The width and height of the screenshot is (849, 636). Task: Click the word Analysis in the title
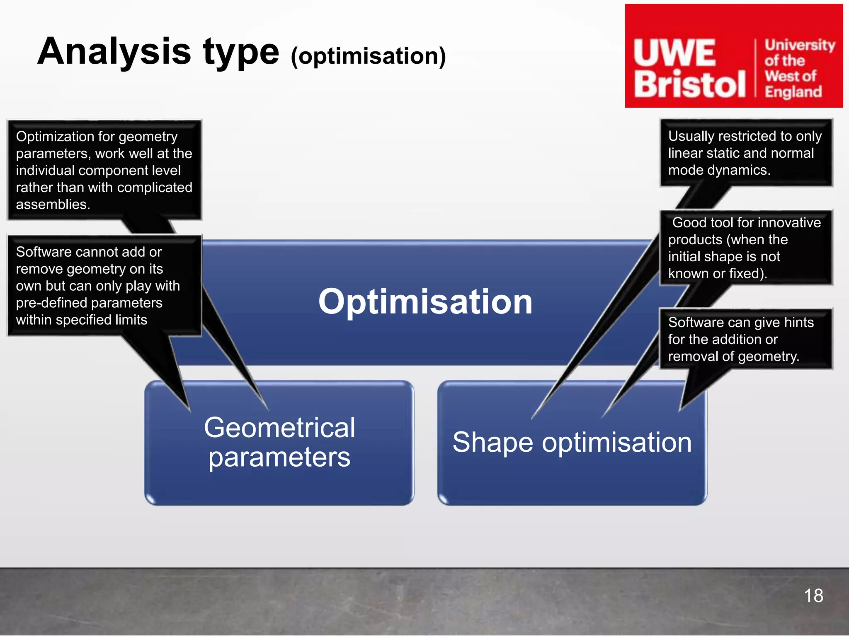click(114, 52)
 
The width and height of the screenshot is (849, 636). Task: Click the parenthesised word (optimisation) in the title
click(368, 56)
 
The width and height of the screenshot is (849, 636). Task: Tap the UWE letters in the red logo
click(674, 53)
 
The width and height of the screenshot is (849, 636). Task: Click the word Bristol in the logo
click(689, 84)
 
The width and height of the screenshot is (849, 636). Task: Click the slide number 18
click(813, 596)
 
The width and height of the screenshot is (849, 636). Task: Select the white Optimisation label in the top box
click(425, 302)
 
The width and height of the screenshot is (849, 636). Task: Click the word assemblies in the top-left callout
click(52, 204)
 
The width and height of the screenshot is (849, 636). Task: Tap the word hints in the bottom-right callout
click(798, 322)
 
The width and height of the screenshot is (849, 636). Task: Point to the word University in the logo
click(799, 45)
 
